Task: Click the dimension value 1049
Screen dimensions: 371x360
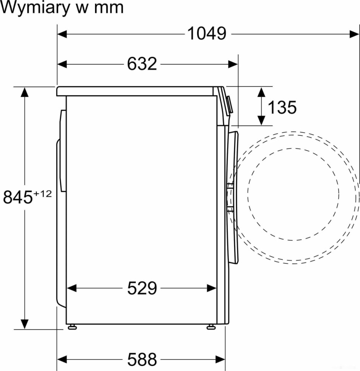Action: [207, 34]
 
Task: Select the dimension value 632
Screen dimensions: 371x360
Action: [142, 64]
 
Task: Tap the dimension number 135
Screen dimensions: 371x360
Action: [282, 107]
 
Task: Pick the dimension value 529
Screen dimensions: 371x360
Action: [142, 288]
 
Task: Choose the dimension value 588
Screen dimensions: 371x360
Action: [142, 359]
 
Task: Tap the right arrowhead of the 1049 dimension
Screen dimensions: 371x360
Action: [355, 34]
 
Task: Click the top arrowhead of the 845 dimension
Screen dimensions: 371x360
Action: [25, 92]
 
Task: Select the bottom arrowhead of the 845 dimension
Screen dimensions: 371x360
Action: [25, 324]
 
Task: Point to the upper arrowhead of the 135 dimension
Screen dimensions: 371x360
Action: [261, 92]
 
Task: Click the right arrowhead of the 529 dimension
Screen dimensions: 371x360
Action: [212, 288]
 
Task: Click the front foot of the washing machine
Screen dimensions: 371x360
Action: [210, 327]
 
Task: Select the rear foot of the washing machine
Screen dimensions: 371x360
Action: [72, 327]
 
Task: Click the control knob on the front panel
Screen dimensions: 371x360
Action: [229, 105]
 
